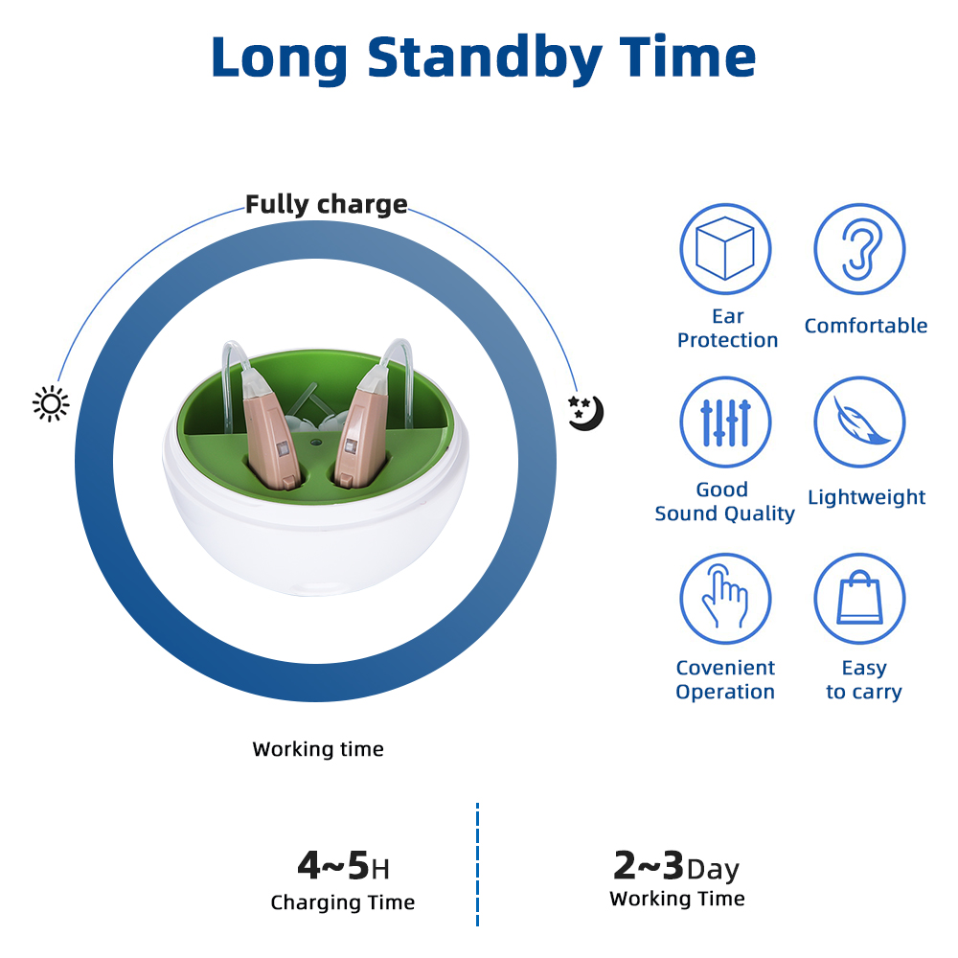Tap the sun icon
point(51,404)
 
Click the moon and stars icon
point(585,412)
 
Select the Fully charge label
point(327,205)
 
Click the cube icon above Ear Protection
point(725,249)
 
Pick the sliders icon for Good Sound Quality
point(725,422)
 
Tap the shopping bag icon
point(859,598)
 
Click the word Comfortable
point(866,326)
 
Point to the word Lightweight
point(866,498)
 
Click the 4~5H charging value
point(343,865)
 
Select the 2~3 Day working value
point(676,866)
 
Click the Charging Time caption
point(343,903)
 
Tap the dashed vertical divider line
point(477,864)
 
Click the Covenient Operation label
point(725,679)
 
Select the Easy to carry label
point(864,680)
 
